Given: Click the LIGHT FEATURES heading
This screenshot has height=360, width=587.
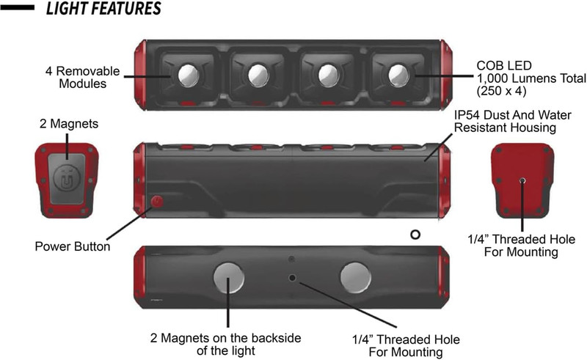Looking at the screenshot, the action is pos(103,8).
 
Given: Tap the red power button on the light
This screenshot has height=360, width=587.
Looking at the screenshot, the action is pos(157,202).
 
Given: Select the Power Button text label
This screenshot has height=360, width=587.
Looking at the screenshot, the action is pos(73,246).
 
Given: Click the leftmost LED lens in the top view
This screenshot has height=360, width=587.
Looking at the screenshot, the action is pos(189,75).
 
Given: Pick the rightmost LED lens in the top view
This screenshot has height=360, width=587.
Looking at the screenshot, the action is pos(398,75).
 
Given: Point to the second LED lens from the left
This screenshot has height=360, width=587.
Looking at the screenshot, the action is pos(258,75).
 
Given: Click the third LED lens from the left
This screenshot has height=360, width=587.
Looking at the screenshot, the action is pos(328,75).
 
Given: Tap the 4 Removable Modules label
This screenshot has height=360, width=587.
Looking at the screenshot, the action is pos(83,77).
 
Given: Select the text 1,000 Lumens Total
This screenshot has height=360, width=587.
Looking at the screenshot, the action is pos(531,78).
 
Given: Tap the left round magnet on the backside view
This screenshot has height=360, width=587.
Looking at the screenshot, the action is pos(229,277).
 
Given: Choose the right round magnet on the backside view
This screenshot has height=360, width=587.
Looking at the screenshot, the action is pos(356,277).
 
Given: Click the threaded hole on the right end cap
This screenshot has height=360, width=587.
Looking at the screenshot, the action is pos(522,181).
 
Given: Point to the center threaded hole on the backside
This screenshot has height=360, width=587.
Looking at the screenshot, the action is pos(292,278).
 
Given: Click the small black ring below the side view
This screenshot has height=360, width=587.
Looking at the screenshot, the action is pos(415,235).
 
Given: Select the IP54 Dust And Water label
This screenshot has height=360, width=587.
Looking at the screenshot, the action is pos(512,115).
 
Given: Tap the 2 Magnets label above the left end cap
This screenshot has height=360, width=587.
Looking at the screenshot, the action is pos(69,124).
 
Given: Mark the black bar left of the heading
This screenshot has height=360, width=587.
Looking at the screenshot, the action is pos(17,7).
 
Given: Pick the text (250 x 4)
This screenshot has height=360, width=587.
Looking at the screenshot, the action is pos(501,91).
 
